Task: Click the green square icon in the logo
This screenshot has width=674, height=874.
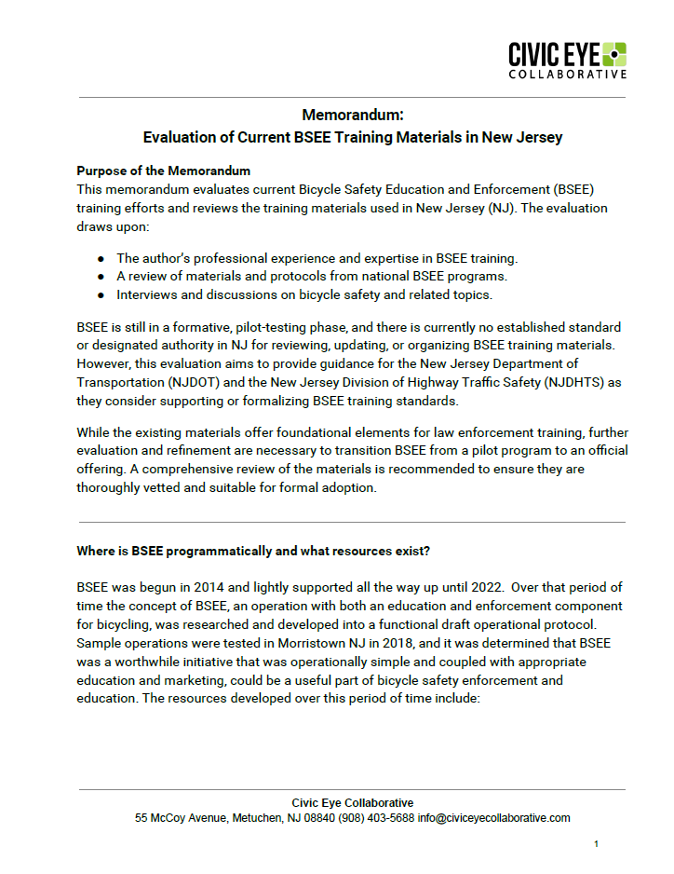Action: click(x=613, y=54)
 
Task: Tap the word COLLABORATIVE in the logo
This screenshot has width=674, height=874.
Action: click(x=567, y=74)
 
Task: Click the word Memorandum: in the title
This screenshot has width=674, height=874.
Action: click(x=352, y=116)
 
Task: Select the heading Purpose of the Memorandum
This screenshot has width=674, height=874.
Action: click(x=163, y=171)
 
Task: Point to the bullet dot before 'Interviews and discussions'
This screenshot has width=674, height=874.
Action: click(x=101, y=295)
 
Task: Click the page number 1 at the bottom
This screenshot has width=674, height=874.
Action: click(x=596, y=844)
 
